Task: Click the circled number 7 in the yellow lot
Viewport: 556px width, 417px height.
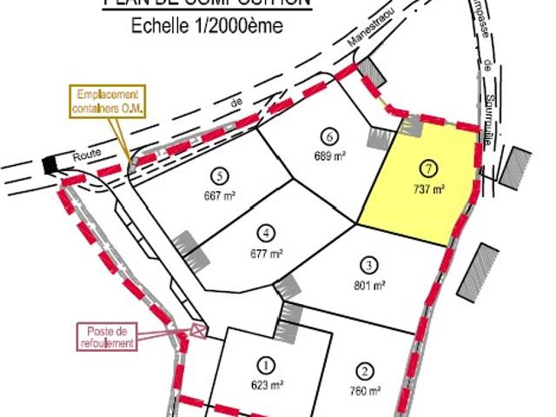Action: pyautogui.click(x=427, y=168)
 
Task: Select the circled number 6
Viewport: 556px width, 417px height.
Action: pyautogui.click(x=328, y=136)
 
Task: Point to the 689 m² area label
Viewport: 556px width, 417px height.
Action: pyautogui.click(x=329, y=156)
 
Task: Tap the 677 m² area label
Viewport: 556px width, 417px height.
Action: pyautogui.click(x=268, y=254)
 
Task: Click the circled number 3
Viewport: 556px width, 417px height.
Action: pyautogui.click(x=369, y=266)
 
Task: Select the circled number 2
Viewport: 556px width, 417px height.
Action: pyautogui.click(x=365, y=371)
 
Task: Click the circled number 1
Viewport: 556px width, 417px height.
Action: pyautogui.click(x=267, y=365)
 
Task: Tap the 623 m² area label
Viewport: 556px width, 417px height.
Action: pyautogui.click(x=268, y=385)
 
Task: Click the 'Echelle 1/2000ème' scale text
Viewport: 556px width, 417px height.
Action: pyautogui.click(x=207, y=26)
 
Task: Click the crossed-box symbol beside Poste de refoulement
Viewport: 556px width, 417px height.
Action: pyautogui.click(x=199, y=329)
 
